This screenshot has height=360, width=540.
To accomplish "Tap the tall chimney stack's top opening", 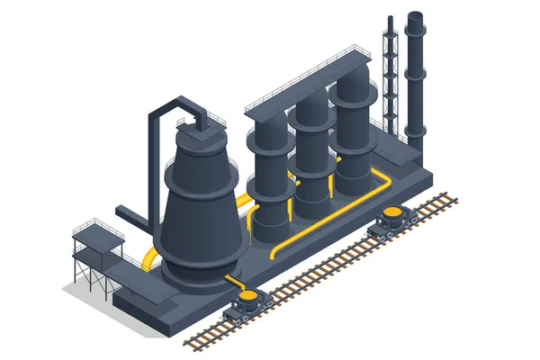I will pyautogui.click(x=415, y=17).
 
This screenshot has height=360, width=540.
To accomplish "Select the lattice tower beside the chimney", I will pyautogui.click(x=390, y=81).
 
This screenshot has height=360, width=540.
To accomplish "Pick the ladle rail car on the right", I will pyautogui.click(x=393, y=221).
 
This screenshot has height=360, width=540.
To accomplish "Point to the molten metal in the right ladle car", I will pyautogui.click(x=393, y=212).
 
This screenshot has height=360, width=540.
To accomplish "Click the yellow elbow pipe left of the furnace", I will pyautogui.click(x=152, y=258).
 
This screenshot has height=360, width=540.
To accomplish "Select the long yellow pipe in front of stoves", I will pyautogui.click(x=333, y=220).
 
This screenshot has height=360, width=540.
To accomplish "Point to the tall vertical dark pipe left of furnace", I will pyautogui.click(x=153, y=166).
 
